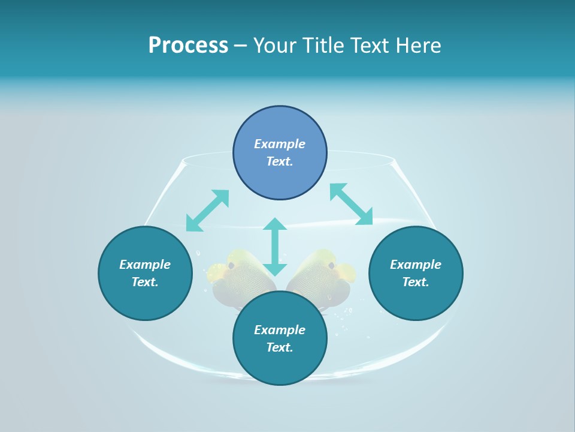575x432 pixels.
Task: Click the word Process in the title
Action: tap(188, 46)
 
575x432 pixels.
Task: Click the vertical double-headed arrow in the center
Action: tap(275, 247)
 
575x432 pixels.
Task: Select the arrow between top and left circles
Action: tap(207, 211)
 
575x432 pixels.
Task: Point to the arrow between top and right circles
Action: tap(351, 204)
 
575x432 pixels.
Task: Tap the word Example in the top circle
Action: tap(280, 144)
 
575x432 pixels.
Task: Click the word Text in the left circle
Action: tap(145, 282)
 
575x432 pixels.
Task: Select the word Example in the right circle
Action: tap(416, 265)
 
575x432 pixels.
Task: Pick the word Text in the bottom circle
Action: tap(280, 347)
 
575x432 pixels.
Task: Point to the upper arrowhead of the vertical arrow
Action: tap(275, 224)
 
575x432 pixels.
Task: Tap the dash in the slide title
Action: tap(240, 46)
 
